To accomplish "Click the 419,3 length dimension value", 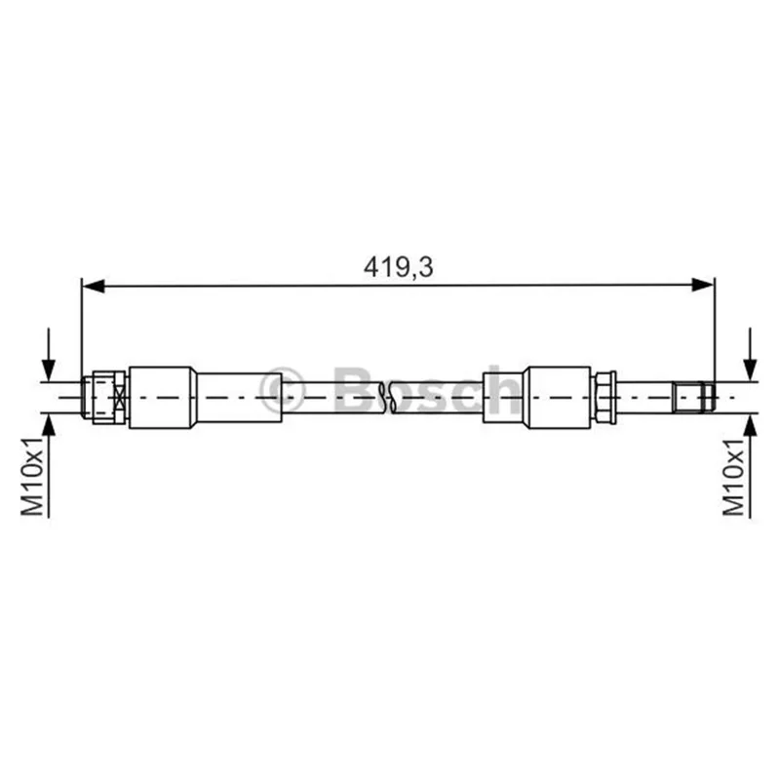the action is coord(399,267).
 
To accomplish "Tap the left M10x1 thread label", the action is coord(33,477).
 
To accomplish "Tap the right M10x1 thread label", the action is coord(734,477).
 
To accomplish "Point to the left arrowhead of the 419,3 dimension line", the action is coord(93,286).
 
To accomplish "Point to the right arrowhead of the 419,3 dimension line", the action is coord(703,285).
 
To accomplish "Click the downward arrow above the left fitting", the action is coord(49,354).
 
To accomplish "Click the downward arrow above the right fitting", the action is coord(750,354).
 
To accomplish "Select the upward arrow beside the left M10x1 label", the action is coord(49,466).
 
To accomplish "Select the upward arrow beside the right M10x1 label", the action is coord(750,466).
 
